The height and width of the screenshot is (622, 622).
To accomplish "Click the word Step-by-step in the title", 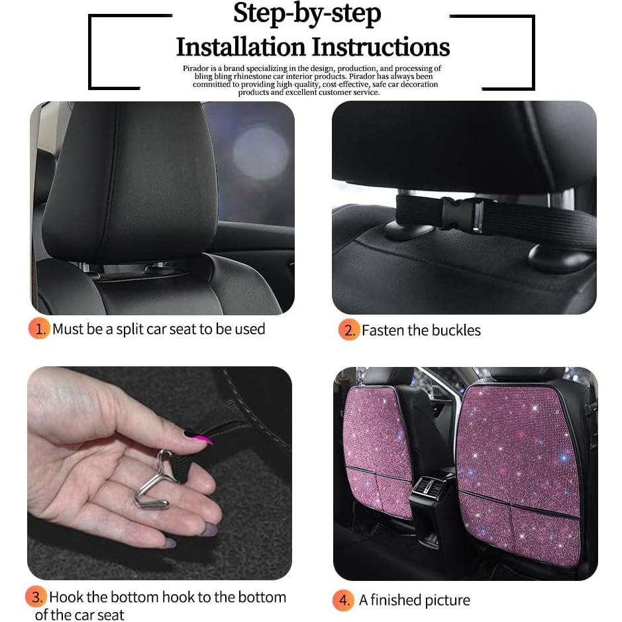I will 307,15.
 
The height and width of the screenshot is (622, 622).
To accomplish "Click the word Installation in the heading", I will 241,47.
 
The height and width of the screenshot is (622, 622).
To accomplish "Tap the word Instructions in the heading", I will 381,47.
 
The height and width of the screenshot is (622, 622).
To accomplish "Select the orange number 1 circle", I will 39,329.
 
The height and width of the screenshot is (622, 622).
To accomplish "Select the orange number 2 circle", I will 348,329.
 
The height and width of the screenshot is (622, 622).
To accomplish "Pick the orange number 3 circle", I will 36,597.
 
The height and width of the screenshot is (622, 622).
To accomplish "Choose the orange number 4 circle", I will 343,600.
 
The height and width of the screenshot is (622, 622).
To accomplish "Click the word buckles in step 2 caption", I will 454,330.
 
